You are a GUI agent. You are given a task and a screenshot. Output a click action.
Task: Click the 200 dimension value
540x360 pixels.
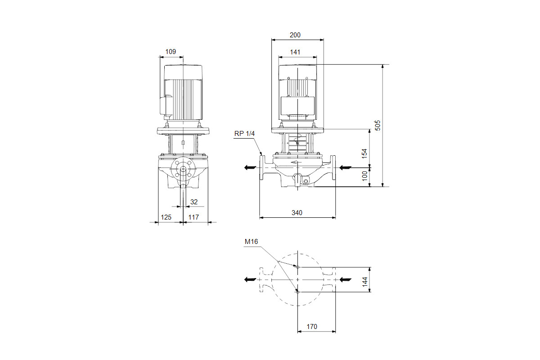pyautogui.click(x=295, y=35)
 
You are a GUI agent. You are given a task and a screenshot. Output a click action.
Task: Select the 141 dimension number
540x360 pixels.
pyautogui.click(x=295, y=52)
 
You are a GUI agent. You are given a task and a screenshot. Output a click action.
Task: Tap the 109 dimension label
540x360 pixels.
pyautogui.click(x=171, y=52)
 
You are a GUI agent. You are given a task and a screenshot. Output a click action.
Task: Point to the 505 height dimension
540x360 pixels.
pyautogui.click(x=378, y=126)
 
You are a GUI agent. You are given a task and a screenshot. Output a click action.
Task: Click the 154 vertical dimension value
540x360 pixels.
pyautogui.click(x=364, y=153)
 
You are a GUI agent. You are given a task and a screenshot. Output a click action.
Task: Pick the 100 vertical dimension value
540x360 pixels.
pyautogui.click(x=365, y=176)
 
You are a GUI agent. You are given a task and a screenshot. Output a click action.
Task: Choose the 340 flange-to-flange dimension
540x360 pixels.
pyautogui.click(x=297, y=213)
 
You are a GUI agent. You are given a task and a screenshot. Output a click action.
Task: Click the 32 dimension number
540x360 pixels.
pyautogui.click(x=194, y=202)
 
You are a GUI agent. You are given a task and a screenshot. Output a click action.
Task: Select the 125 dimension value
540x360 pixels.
pyautogui.click(x=166, y=217)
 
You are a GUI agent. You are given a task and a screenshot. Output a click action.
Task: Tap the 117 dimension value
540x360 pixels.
pyautogui.click(x=193, y=217)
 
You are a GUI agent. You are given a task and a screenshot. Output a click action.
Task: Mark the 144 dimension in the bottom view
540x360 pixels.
pyautogui.click(x=365, y=282)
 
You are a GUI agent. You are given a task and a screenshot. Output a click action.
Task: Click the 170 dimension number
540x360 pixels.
pyautogui.click(x=312, y=327)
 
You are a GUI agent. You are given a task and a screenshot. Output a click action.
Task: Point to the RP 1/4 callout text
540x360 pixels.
pyautogui.click(x=244, y=134)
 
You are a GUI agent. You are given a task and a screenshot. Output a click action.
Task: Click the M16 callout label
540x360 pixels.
pyautogui.click(x=251, y=242)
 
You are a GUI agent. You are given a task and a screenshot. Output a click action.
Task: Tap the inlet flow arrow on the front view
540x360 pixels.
pyautogui.click(x=345, y=167)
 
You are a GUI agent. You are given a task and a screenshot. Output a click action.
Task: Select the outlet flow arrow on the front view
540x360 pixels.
pyautogui.click(x=250, y=167)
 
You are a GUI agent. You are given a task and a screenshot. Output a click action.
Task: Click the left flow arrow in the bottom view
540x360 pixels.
pyautogui.click(x=250, y=279)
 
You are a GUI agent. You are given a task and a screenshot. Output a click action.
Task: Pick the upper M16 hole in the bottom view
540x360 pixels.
pyautogui.click(x=298, y=267)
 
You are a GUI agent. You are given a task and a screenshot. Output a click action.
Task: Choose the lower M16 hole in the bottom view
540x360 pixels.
pyautogui.click(x=298, y=292)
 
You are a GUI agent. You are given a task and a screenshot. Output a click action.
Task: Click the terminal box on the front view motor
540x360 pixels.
pyautogui.click(x=298, y=106)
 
